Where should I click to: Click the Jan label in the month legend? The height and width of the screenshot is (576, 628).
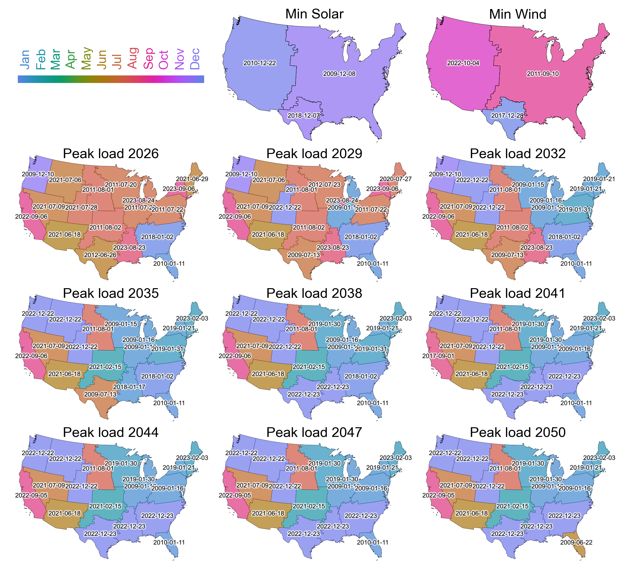pyautogui.click(x=25, y=59)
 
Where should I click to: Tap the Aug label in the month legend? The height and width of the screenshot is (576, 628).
pyautogui.click(x=133, y=58)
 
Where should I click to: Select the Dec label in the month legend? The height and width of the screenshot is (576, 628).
pyautogui.click(x=195, y=59)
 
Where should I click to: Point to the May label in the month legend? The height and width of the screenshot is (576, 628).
pyautogui.click(x=86, y=59)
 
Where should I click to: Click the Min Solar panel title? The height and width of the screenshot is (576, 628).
pyautogui.click(x=314, y=14)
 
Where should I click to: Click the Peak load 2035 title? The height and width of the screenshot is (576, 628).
pyautogui.click(x=111, y=293)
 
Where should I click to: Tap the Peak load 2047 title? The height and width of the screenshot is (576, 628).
pyautogui.click(x=314, y=433)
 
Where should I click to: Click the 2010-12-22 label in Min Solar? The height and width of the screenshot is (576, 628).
pyautogui.click(x=259, y=63)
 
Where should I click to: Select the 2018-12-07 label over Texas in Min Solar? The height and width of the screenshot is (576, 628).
pyautogui.click(x=303, y=116)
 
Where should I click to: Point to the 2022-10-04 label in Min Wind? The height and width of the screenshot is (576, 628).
pyautogui.click(x=463, y=63)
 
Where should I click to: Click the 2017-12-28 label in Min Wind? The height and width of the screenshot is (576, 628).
pyautogui.click(x=507, y=116)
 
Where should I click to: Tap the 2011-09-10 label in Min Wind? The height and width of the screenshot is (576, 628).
pyautogui.click(x=543, y=74)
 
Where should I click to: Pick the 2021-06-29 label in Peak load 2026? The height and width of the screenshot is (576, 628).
pyautogui.click(x=192, y=179)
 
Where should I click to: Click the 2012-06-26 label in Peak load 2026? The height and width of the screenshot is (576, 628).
pyautogui.click(x=100, y=255)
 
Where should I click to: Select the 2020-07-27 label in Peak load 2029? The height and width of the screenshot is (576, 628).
pyautogui.click(x=396, y=179)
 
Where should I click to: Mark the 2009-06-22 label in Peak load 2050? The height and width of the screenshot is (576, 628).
pyautogui.click(x=576, y=542)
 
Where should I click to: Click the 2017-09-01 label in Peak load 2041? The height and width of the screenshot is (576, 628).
pyautogui.click(x=438, y=356)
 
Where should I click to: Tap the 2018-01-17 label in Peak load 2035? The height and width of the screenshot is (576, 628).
pyautogui.click(x=129, y=387)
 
